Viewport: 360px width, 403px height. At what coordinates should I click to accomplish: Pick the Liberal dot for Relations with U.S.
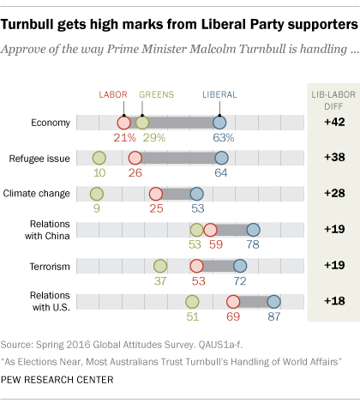273,301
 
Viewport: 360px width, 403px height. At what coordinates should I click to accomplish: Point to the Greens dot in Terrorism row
159,265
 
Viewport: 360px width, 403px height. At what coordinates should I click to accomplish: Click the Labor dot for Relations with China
211,229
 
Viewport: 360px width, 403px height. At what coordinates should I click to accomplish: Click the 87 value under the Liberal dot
274,316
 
